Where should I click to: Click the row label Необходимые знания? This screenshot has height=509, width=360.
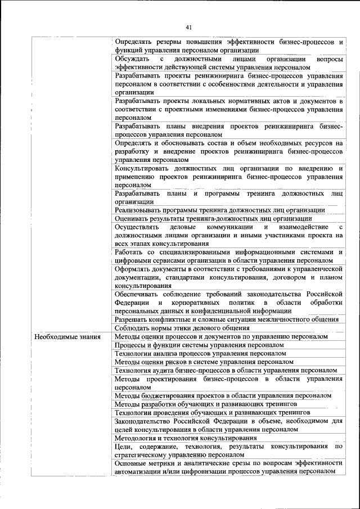67,337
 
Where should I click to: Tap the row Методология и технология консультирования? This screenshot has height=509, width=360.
186,438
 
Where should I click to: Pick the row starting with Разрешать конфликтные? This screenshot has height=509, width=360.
226,319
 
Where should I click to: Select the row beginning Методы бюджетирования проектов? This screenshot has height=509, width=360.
222,395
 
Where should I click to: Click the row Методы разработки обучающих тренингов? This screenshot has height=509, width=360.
205,404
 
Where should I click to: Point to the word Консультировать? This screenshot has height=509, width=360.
147,168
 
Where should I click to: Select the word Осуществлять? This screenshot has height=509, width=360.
137,227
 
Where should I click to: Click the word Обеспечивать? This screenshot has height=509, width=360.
139,294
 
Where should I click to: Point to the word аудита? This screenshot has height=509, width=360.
171,370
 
